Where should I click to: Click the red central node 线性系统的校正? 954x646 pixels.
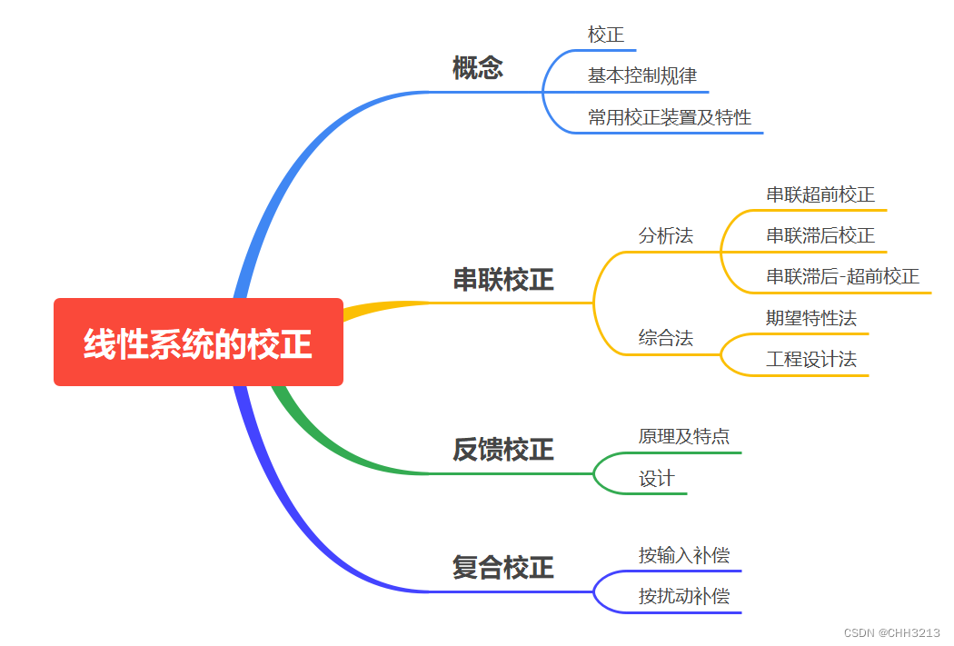[198, 343]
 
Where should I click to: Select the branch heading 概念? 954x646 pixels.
[478, 68]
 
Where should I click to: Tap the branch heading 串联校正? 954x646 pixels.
[503, 280]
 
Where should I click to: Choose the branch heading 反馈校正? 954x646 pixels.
[503, 449]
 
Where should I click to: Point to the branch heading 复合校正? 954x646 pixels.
[503, 568]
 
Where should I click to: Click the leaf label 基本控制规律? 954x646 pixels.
[642, 75]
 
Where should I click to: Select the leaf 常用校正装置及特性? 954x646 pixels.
[670, 117]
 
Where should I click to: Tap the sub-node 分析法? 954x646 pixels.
[665, 235]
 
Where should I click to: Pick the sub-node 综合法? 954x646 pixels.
[665, 338]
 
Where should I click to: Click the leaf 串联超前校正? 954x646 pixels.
[820, 194]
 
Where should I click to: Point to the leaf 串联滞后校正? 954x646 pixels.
[820, 235]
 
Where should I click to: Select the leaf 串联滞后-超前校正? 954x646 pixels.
[842, 276]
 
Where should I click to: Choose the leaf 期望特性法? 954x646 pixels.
[811, 318]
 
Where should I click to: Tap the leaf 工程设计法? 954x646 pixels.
[811, 359]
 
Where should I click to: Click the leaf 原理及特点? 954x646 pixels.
[683, 436]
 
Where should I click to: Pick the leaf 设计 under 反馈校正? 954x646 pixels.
[657, 478]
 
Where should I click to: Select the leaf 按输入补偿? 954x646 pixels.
[683, 555]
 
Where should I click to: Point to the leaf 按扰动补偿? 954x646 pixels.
[683, 596]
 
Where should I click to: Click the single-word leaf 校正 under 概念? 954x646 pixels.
[606, 35]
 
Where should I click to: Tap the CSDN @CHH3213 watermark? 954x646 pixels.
[891, 632]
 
